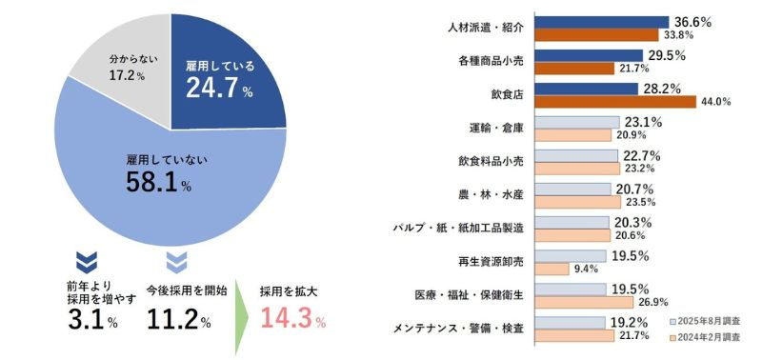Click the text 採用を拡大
(290, 290)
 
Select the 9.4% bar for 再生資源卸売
(553, 269)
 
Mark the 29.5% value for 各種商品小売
(667, 55)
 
